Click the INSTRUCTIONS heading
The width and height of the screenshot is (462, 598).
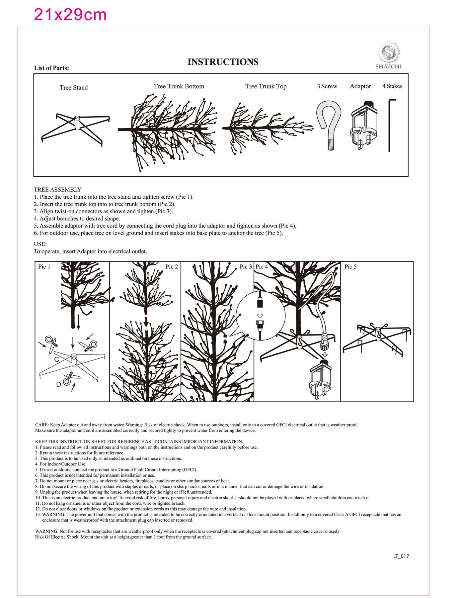point(223,62)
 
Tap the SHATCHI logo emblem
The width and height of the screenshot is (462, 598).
point(388,52)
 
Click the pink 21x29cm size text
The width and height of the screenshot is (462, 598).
point(70,15)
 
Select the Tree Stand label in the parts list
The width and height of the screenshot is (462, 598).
point(74,88)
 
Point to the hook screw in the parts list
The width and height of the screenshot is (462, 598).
point(329,125)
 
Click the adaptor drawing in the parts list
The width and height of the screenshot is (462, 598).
point(364,125)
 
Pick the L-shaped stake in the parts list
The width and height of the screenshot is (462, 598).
point(391,125)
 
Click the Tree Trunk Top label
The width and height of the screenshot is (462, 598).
point(266,86)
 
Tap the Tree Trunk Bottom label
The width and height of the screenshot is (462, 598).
point(179,86)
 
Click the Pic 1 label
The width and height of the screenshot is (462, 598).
point(44,267)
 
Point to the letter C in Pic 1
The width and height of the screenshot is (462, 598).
point(57,360)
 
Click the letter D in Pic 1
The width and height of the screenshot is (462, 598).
point(58,384)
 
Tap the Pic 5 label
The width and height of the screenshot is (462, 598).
point(350,267)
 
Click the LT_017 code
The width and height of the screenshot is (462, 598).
point(401,556)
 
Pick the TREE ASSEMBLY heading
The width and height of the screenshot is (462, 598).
point(57,190)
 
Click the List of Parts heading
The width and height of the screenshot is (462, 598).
point(51,68)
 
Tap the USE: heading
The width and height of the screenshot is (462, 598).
point(40,244)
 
